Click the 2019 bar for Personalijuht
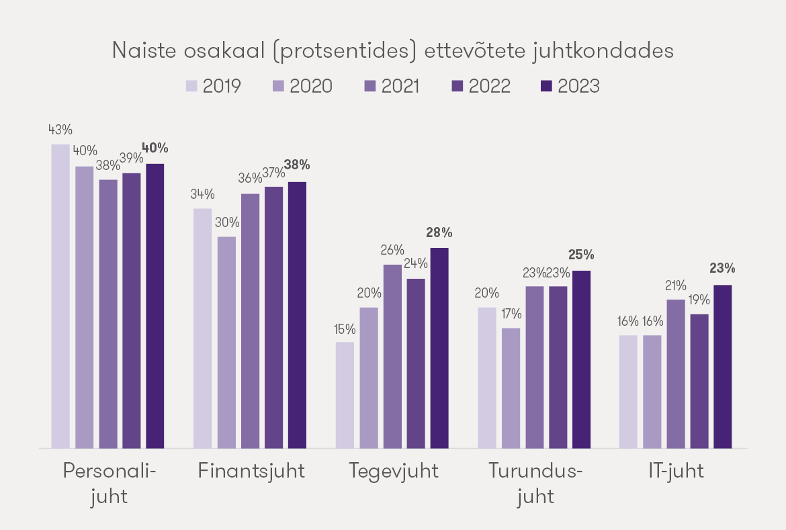(x=60, y=296)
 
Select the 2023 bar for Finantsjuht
(x=297, y=314)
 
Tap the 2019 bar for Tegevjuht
(x=345, y=395)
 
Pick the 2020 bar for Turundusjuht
(x=511, y=388)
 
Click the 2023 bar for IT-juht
(x=722, y=366)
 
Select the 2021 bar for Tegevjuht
(x=392, y=356)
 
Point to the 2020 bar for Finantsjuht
(x=226, y=342)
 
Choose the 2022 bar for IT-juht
(x=699, y=381)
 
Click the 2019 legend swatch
(x=191, y=87)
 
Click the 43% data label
(x=60, y=130)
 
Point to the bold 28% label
(x=439, y=233)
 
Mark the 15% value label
(x=345, y=328)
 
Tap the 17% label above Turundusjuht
(x=511, y=314)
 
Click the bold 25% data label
(x=581, y=255)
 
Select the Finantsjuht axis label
(x=251, y=471)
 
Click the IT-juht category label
(x=676, y=471)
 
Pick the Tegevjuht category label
(x=394, y=471)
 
